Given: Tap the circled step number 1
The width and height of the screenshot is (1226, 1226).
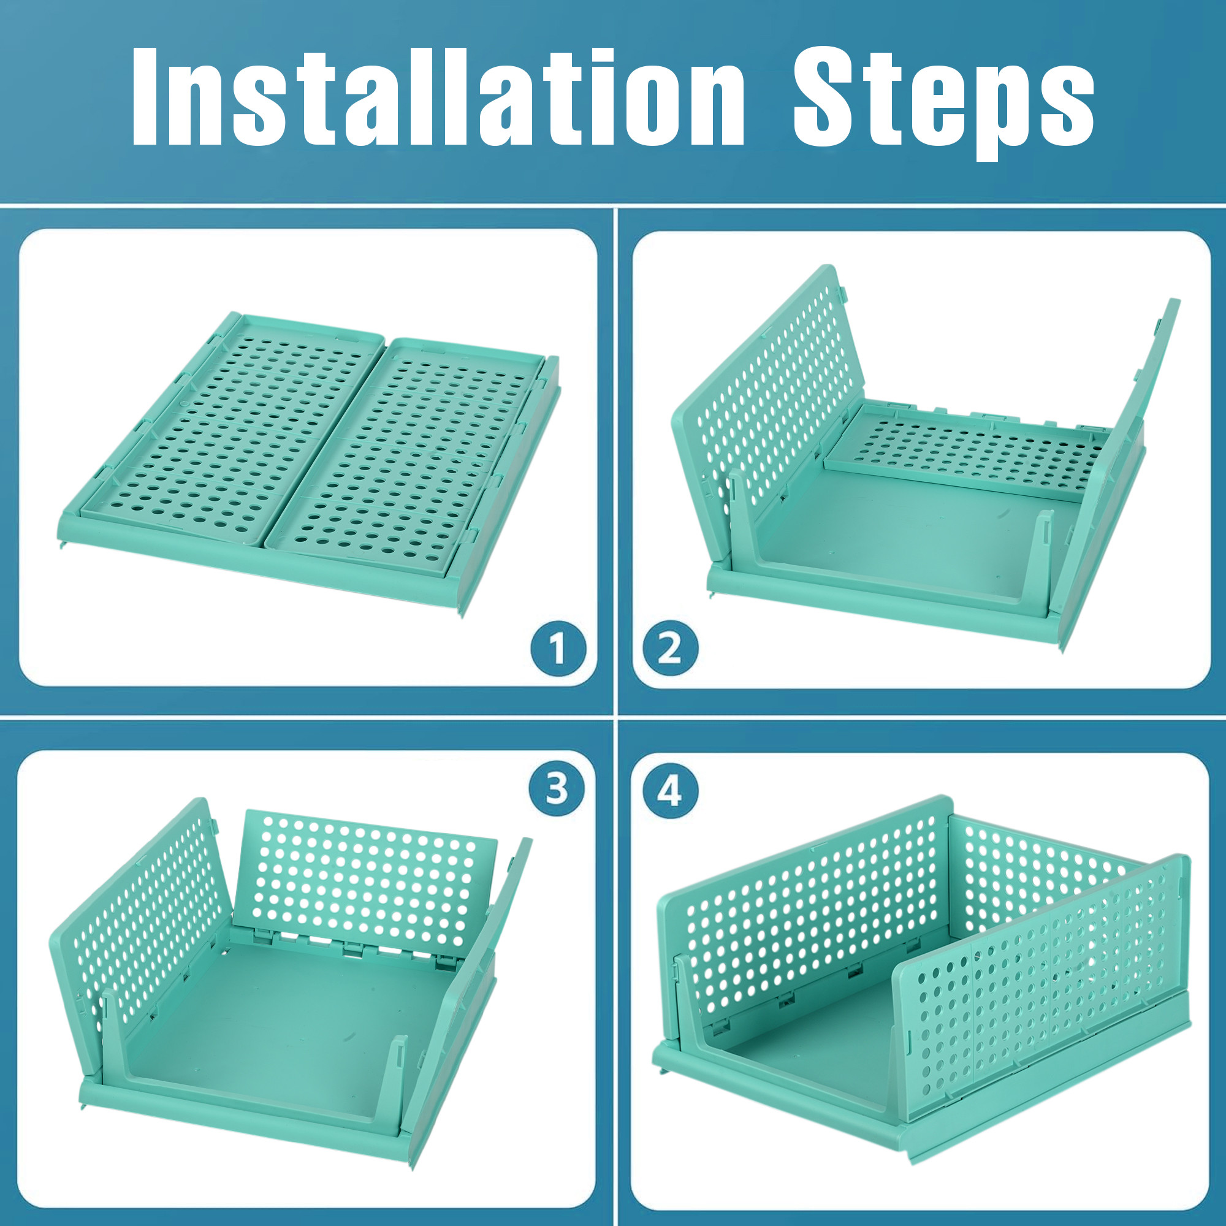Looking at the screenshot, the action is click(x=558, y=649).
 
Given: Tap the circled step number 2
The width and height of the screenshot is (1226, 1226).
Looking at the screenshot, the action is click(x=670, y=649).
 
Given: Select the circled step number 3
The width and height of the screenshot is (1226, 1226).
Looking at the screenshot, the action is click(x=557, y=790).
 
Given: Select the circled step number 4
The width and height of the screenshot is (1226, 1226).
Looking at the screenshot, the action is click(x=669, y=791).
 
